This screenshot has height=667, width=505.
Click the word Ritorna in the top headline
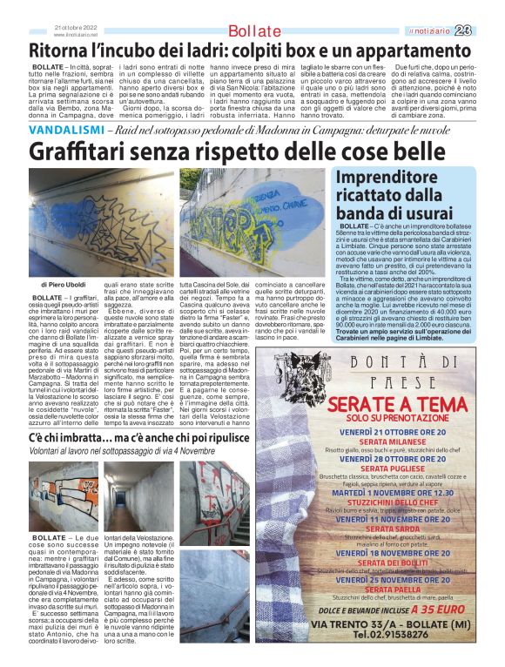63,51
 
